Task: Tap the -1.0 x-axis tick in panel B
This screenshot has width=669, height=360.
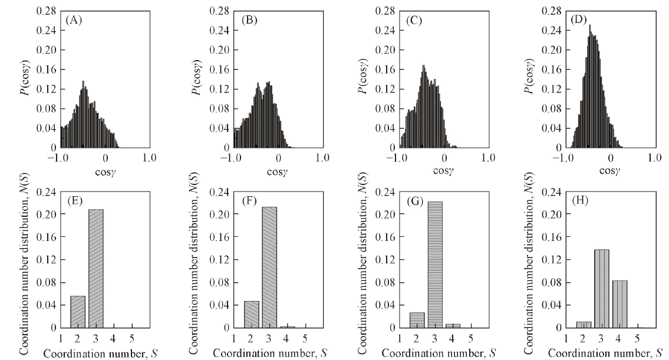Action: (233, 158)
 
